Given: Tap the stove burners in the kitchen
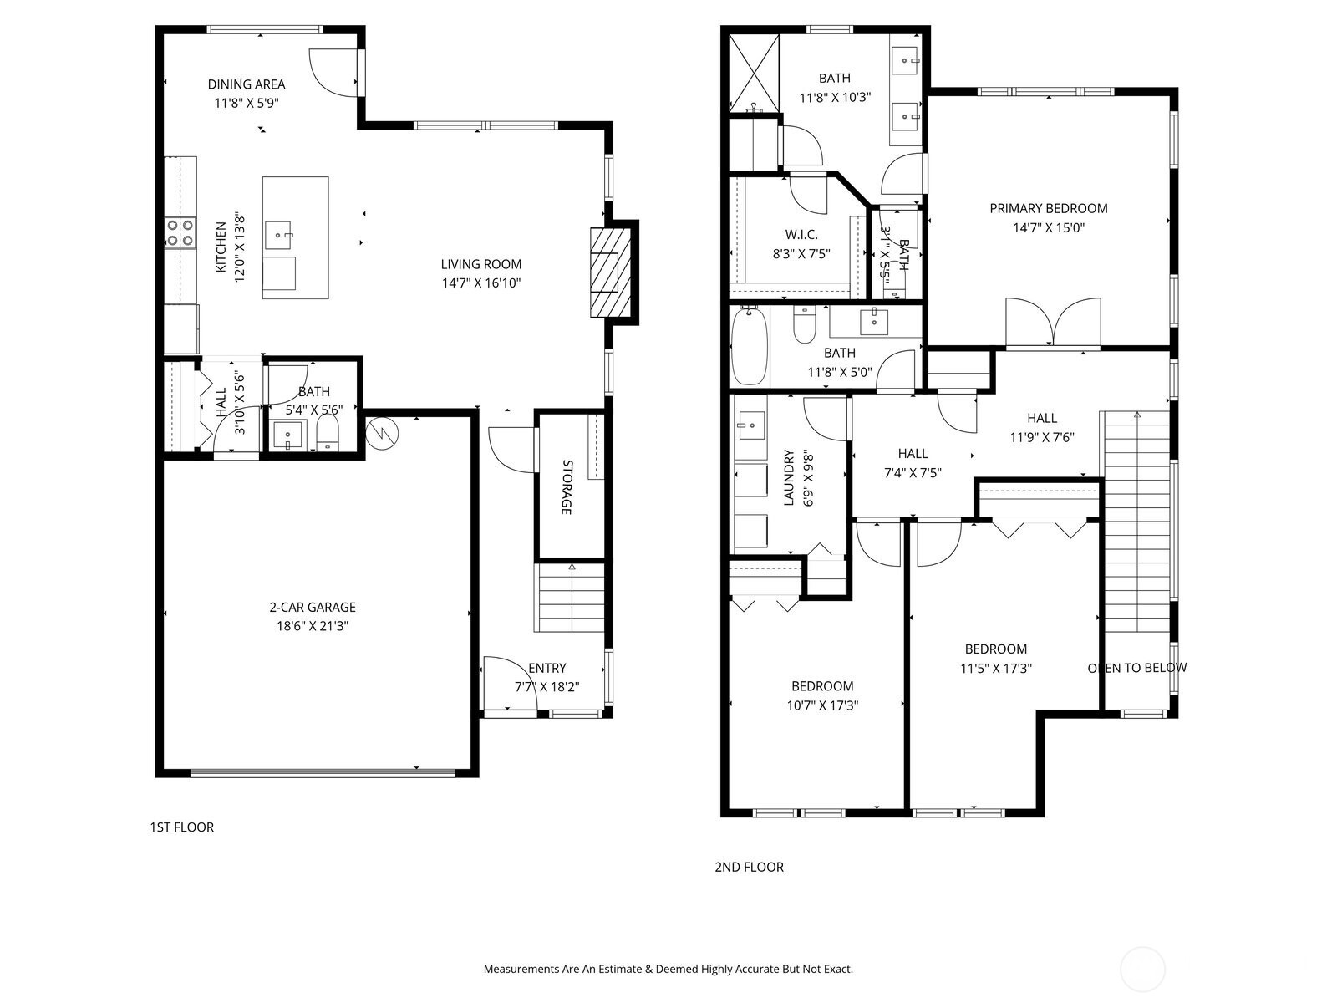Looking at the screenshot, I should coord(180,232).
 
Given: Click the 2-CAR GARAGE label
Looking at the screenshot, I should coord(312,608).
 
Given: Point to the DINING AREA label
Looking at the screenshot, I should coord(247,84).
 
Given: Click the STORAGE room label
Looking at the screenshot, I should coord(566,486).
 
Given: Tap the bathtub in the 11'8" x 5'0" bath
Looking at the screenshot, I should coord(749,346).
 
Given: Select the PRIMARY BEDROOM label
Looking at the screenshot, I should coord(1049,209).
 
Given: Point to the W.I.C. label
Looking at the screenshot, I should coord(801,235).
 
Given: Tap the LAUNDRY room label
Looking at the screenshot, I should coord(788,478).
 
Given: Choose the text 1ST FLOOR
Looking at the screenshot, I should coord(181,827).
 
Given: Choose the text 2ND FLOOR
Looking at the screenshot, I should coord(749,867).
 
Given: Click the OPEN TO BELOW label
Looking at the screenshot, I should coord(1136,668).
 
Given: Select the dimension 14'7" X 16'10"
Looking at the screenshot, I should coord(481,283).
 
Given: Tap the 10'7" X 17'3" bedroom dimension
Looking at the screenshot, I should coord(822,705).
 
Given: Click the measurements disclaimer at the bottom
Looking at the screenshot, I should coord(668,970).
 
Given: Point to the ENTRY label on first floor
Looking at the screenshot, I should coord(547,668).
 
